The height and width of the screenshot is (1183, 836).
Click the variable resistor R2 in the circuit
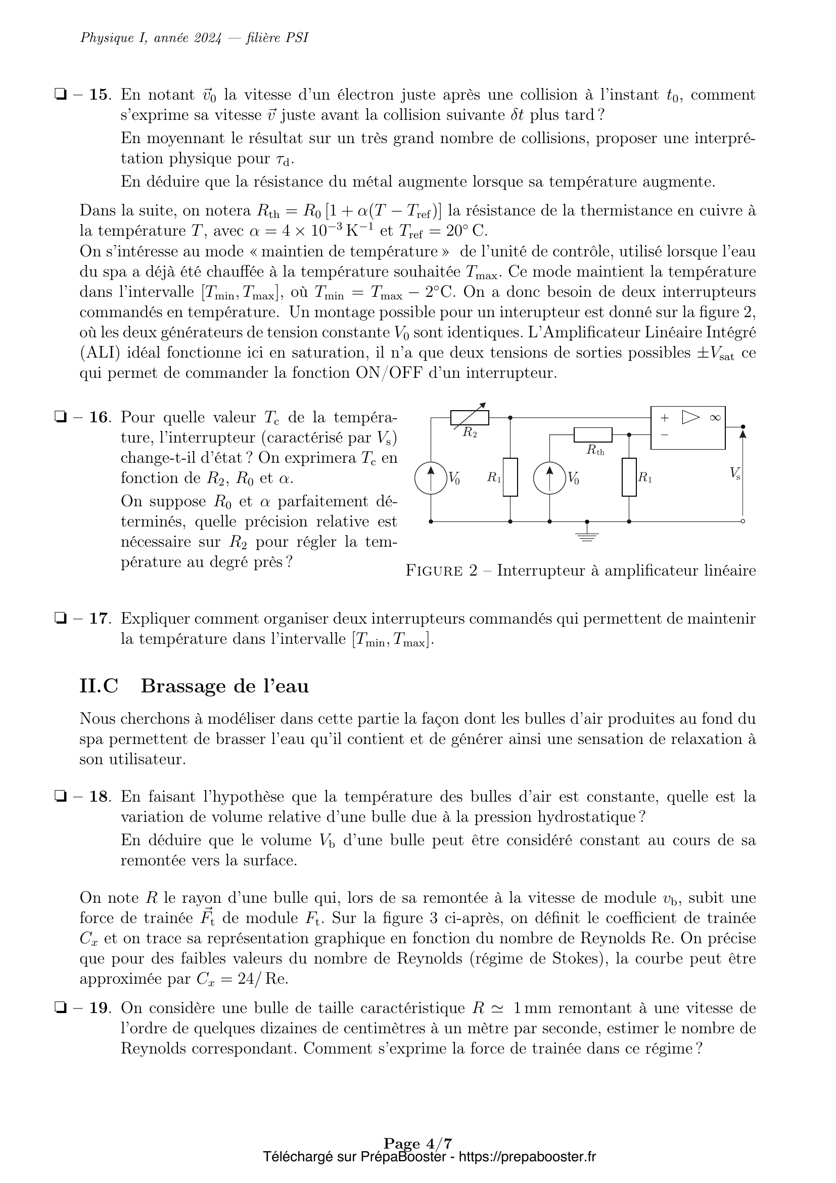(470, 417)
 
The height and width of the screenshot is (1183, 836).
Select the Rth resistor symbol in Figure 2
(592, 435)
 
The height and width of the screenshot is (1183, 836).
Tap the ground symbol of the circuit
(587, 536)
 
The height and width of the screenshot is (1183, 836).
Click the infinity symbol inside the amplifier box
(715, 418)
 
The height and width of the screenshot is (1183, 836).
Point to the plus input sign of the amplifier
(665, 418)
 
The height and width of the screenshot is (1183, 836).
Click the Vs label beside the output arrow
(735, 473)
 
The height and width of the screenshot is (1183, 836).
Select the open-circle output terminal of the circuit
(742, 521)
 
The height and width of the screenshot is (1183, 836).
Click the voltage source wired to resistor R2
(431, 478)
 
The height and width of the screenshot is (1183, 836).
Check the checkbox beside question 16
(60, 417)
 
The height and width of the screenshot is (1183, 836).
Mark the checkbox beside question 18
(60, 797)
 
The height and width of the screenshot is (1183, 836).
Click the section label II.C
(99, 686)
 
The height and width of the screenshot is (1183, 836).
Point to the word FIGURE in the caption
(434, 571)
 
